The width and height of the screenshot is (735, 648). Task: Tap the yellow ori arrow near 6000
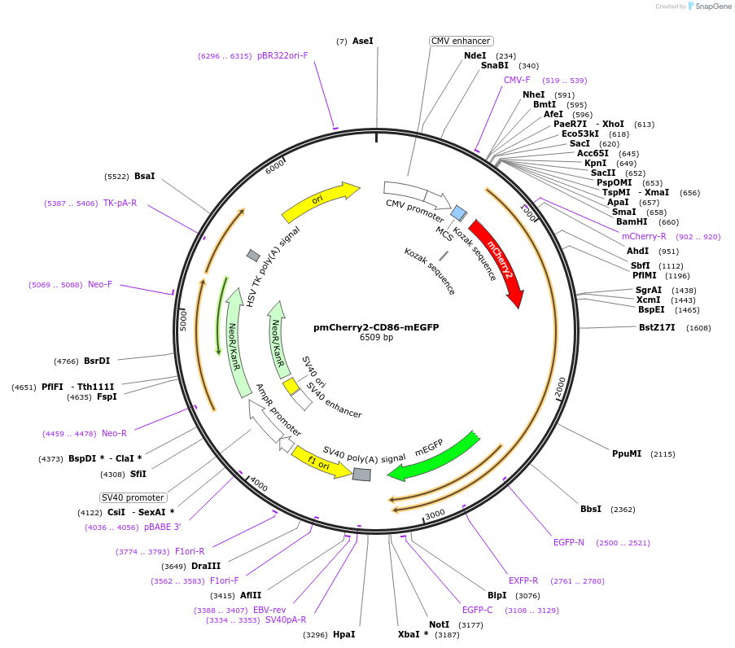pos(319,202)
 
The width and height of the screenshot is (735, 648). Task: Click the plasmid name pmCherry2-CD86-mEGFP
pos(376,327)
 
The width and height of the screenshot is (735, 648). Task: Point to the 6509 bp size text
pos(376,338)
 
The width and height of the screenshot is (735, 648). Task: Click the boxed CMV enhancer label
pos(461,41)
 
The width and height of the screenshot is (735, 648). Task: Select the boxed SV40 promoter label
pos(133,497)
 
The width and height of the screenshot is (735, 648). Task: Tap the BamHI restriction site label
pos(631,221)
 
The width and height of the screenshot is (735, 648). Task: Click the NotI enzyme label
pos(439,624)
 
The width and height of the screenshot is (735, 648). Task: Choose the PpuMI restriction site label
pos(627,453)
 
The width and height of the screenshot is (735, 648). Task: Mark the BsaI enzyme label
pos(144,176)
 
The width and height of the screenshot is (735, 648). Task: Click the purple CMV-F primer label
pos(517,80)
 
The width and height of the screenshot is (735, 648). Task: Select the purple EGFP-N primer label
pos(569,542)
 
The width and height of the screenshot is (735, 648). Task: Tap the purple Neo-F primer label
pos(100,285)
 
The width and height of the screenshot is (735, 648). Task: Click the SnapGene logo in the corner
pos(707,7)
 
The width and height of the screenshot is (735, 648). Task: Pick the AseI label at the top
pos(363,41)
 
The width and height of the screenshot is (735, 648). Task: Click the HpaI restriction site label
pos(343,634)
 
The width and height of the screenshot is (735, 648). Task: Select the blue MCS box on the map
pos(459,213)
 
